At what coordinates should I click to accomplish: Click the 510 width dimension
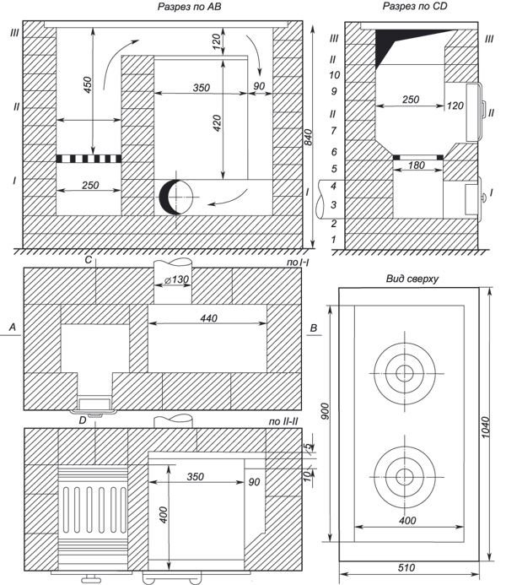409,577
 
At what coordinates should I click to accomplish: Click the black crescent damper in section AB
167,197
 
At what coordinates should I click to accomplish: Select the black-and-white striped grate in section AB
89,158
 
